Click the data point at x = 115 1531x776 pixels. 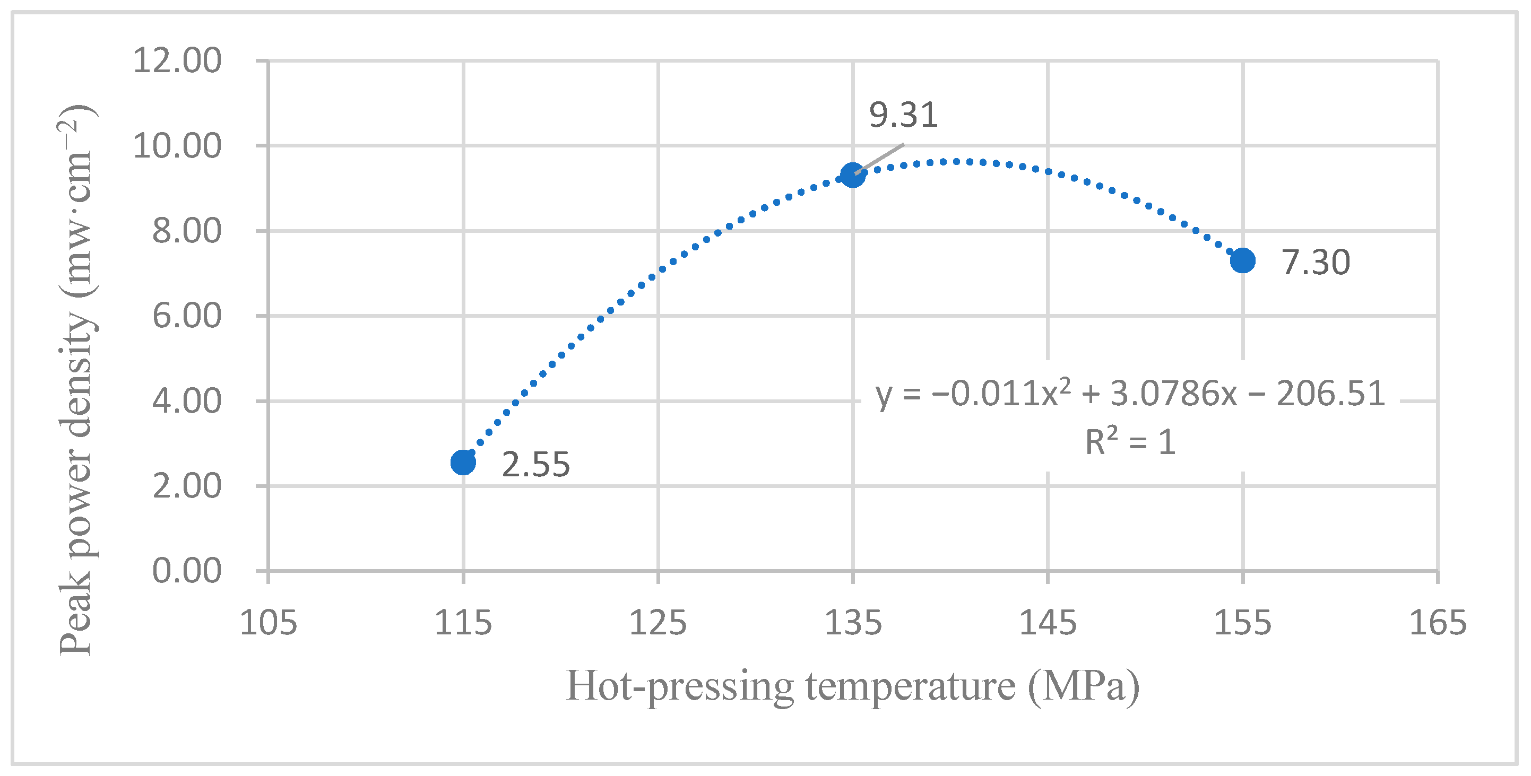pyautogui.click(x=463, y=461)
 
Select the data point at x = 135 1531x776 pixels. pyautogui.click(x=852, y=175)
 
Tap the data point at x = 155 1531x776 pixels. pyautogui.click(x=1242, y=260)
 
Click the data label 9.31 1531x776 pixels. pyautogui.click(x=903, y=115)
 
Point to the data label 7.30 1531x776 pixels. pyautogui.click(x=1315, y=262)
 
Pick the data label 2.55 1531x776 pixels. pyautogui.click(x=535, y=464)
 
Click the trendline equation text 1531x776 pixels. pyautogui.click(x=1130, y=394)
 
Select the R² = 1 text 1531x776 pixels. pyautogui.click(x=1130, y=442)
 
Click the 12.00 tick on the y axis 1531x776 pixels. pyautogui.click(x=177, y=60)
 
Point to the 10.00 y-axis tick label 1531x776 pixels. pyautogui.click(x=177, y=145)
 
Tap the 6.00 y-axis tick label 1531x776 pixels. pyautogui.click(x=187, y=316)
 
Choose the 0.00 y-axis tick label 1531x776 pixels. pyautogui.click(x=187, y=571)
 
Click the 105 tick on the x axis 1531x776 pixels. pyautogui.click(x=268, y=623)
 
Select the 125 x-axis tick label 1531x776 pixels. pyautogui.click(x=658, y=623)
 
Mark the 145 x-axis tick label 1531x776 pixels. pyautogui.click(x=1047, y=623)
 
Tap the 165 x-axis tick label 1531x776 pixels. pyautogui.click(x=1438, y=623)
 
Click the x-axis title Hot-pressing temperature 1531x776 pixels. pyautogui.click(x=852, y=686)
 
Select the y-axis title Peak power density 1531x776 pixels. pyautogui.click(x=77, y=380)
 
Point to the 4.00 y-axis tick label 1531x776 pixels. pyautogui.click(x=187, y=401)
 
